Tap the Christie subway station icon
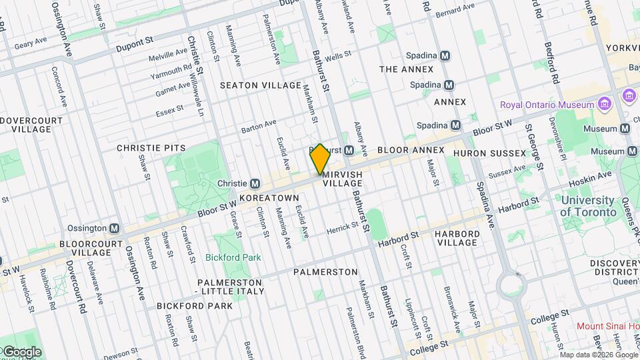pyautogui.click(x=255, y=183)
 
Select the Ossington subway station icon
pyautogui.click(x=115, y=228)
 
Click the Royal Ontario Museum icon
pyautogui.click(x=604, y=105)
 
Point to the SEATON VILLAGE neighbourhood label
pyautogui.click(x=261, y=85)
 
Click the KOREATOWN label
pyautogui.click(x=269, y=199)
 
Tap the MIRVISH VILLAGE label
pyautogui.click(x=343, y=178)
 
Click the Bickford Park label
pyautogui.click(x=233, y=257)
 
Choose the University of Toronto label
pyautogui.click(x=588, y=206)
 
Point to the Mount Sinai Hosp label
pyautogui.click(x=607, y=326)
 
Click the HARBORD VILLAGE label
pyautogui.click(x=457, y=238)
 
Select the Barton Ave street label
pyautogui.click(x=259, y=125)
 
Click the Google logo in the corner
pyautogui.click(x=21, y=352)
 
